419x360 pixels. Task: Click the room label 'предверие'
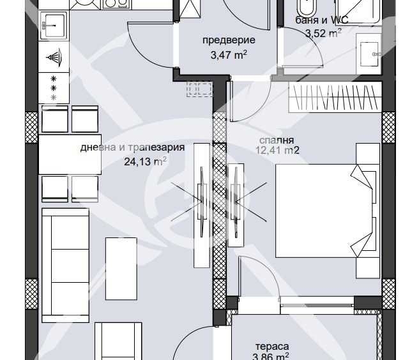(x=229, y=40)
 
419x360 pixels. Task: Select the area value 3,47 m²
(x=229, y=55)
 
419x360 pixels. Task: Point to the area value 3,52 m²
(x=323, y=34)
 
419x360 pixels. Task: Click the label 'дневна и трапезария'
(x=132, y=147)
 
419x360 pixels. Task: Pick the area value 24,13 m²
(x=145, y=161)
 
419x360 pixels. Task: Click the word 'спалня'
(x=277, y=140)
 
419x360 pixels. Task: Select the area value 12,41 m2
(x=277, y=151)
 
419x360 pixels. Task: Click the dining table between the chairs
(x=70, y=154)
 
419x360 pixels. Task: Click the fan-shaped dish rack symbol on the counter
(x=54, y=57)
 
